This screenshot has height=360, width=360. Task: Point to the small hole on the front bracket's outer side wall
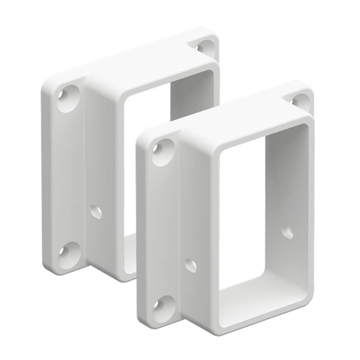[191, 265]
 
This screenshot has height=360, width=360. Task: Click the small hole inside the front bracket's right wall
[288, 233]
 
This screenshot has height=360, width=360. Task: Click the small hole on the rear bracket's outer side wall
[95, 211]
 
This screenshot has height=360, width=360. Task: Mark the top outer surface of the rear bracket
[138, 66]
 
